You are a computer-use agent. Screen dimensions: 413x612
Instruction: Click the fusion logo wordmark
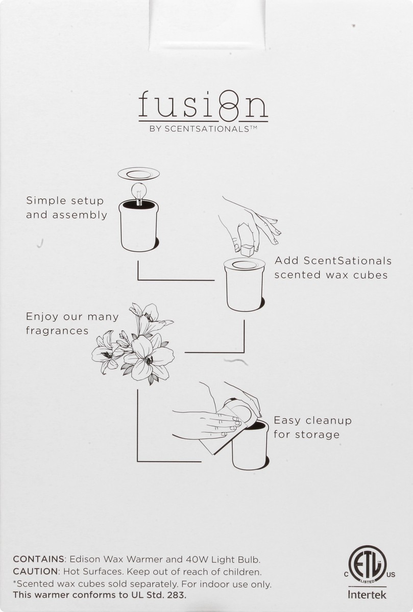(x=203, y=107)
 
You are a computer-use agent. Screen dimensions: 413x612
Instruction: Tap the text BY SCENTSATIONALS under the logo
(x=203, y=129)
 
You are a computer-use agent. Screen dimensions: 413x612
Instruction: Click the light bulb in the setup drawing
(x=139, y=193)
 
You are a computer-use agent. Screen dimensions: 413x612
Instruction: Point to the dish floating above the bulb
(x=139, y=174)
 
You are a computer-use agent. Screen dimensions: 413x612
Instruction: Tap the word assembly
(x=80, y=215)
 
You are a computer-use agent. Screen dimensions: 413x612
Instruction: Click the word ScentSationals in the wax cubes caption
(x=347, y=261)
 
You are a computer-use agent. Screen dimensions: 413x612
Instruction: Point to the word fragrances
(x=57, y=331)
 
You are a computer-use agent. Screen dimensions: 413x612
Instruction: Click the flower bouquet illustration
(x=133, y=343)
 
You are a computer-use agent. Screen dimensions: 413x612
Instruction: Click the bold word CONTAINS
(x=38, y=559)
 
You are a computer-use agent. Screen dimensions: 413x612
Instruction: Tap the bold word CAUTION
(x=35, y=572)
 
